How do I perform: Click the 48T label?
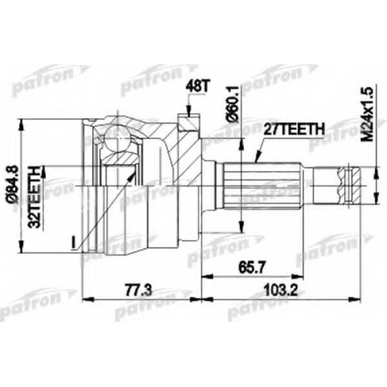pos(197,87)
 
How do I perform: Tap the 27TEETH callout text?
pos(293,130)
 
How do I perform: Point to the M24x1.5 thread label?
pos(367,114)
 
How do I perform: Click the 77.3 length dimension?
pos(139,290)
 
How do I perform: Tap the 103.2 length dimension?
pos(282,290)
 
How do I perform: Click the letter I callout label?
pos(74,243)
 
